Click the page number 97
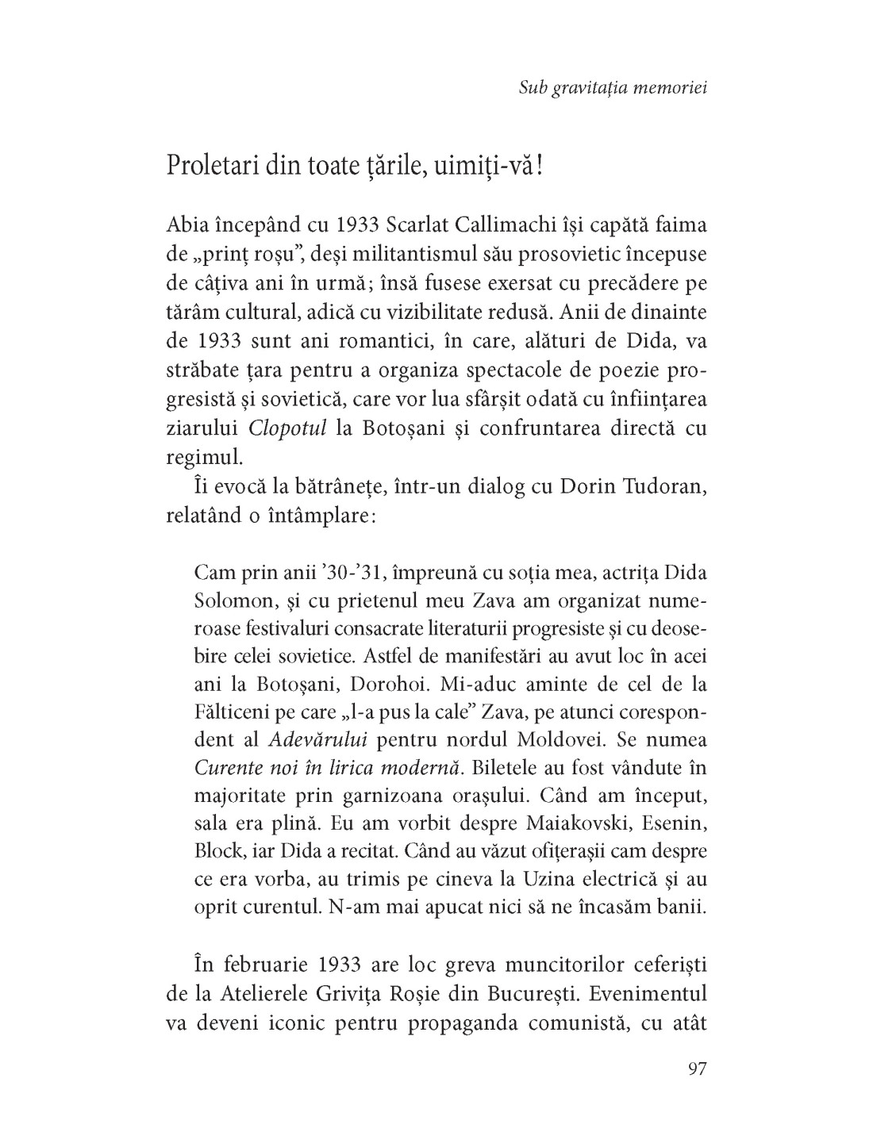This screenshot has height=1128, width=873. (x=696, y=1068)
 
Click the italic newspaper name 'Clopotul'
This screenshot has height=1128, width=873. (x=287, y=429)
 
